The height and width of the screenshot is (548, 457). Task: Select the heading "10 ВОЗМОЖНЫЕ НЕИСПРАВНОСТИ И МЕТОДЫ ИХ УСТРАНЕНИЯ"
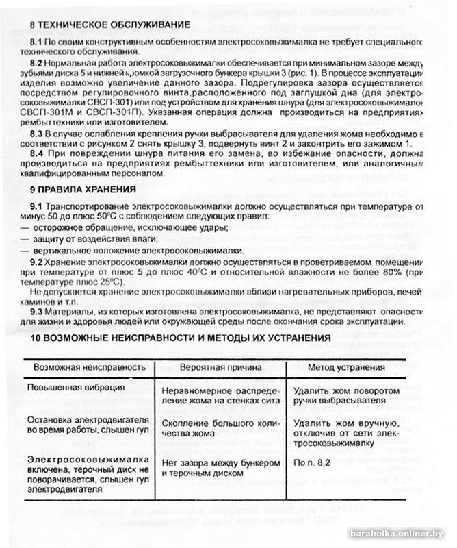(x=181, y=338)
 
